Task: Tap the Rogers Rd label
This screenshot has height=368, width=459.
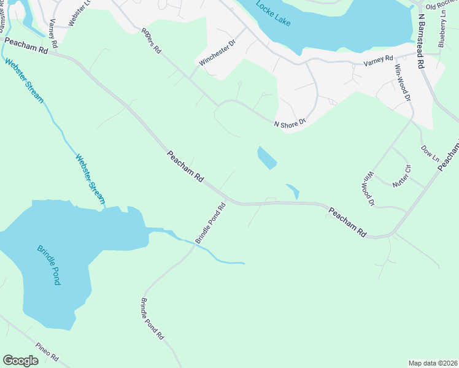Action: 150,40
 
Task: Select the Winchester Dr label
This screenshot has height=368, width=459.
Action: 217,53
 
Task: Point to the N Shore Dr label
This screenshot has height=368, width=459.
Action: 289,124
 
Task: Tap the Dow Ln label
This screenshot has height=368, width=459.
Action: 430,153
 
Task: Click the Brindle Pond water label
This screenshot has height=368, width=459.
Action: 48,264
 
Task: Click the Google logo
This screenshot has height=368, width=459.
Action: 21,361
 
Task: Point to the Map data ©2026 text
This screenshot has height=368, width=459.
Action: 433,363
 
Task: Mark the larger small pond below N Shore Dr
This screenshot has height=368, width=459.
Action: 266,158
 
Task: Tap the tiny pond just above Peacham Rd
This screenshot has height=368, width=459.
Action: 293,191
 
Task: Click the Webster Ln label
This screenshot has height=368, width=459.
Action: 72,12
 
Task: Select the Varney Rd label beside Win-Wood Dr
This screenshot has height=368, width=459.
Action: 378,59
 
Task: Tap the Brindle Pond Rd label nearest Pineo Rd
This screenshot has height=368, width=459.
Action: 152,319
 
